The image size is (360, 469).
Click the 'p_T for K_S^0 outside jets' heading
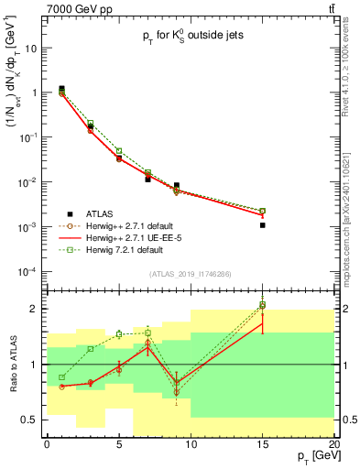[x=191, y=42]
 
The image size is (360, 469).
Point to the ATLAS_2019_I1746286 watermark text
[x=191, y=274]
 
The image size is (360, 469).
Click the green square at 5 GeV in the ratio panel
[x=119, y=334]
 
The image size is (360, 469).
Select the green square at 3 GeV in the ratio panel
[x=90, y=349]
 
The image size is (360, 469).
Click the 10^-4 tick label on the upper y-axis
[x=27, y=271]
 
